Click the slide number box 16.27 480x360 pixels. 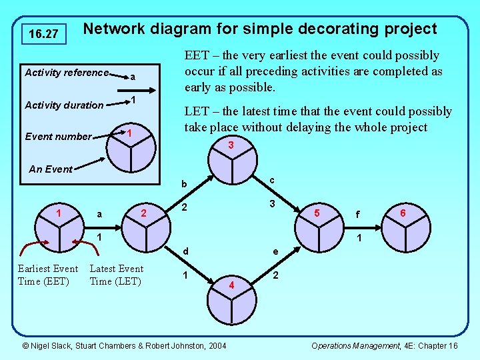[44, 33]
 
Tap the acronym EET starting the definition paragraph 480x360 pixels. [197, 55]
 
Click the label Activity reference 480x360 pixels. [66, 73]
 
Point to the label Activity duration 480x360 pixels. [64, 105]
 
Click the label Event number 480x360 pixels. [58, 137]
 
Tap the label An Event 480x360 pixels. [51, 169]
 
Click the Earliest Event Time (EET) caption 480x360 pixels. [48, 275]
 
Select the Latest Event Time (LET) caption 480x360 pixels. [116, 275]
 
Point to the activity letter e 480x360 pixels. [275, 252]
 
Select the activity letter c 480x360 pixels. [273, 180]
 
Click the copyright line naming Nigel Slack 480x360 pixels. [124, 345]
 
